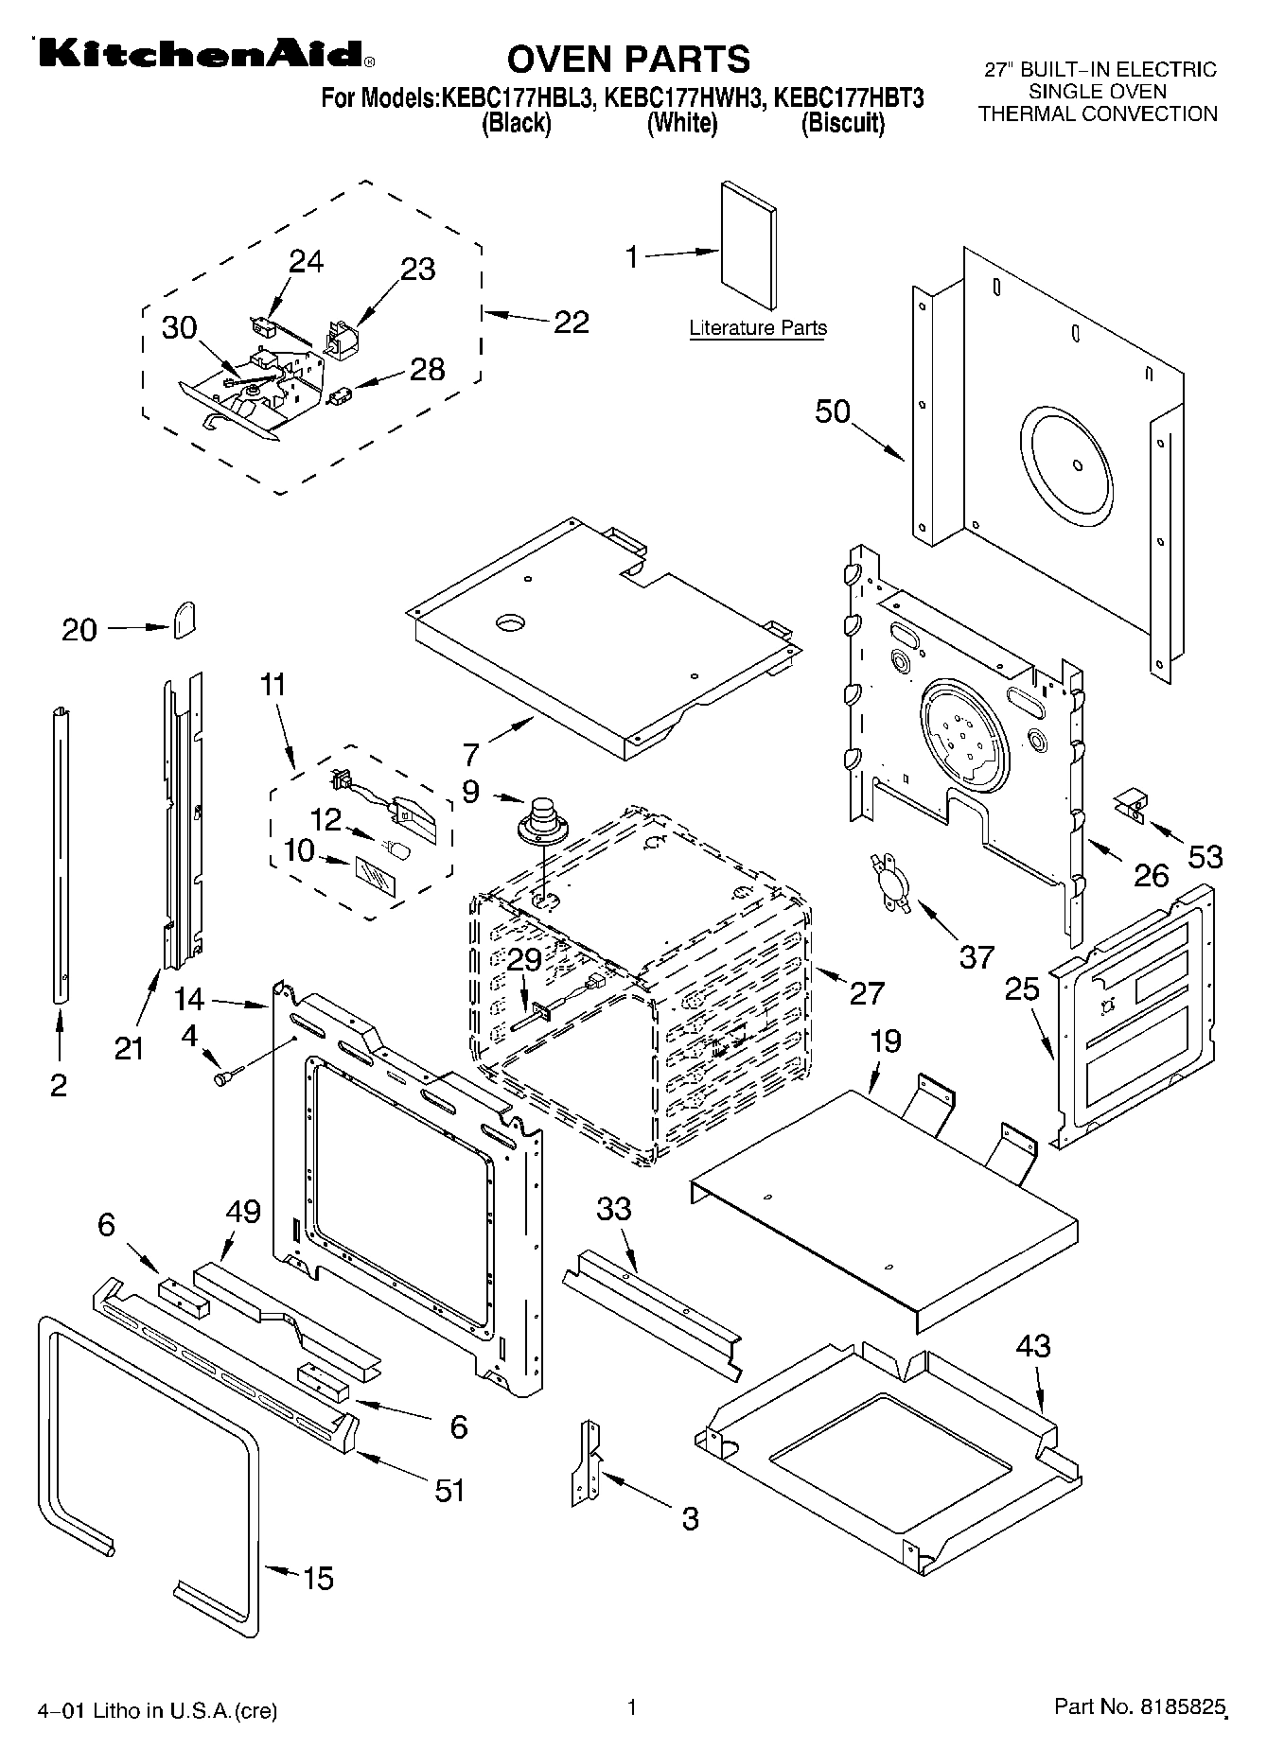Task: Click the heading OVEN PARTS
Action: pos(628,59)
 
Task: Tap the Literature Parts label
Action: pos(758,328)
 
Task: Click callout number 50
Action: pos(834,411)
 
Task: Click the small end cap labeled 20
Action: pos(185,620)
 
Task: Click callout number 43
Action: pos(1033,1345)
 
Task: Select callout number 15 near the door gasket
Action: pos(318,1578)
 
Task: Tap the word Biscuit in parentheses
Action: pos(842,123)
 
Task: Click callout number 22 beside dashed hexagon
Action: pos(571,322)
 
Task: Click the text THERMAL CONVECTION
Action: pos(1098,114)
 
